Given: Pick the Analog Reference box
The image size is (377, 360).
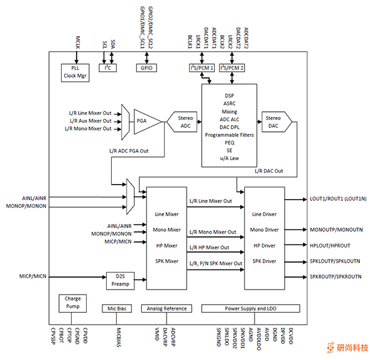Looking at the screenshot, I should click(x=167, y=308).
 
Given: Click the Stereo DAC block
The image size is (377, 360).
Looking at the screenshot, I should click(x=273, y=120).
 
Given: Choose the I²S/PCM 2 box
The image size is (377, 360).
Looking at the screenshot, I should click(x=232, y=67).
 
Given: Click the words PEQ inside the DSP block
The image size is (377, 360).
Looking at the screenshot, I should click(x=229, y=142).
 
